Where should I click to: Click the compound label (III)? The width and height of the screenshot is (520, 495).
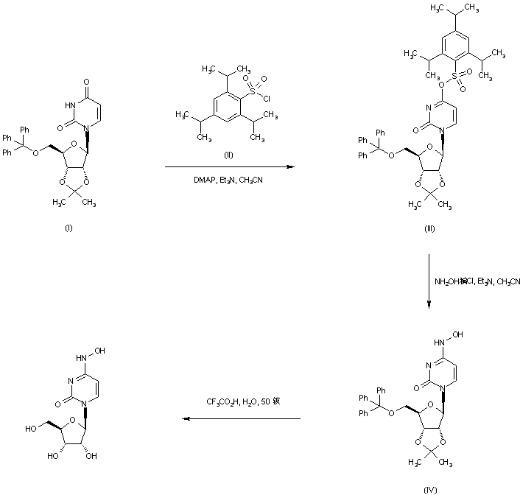click(x=429, y=228)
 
